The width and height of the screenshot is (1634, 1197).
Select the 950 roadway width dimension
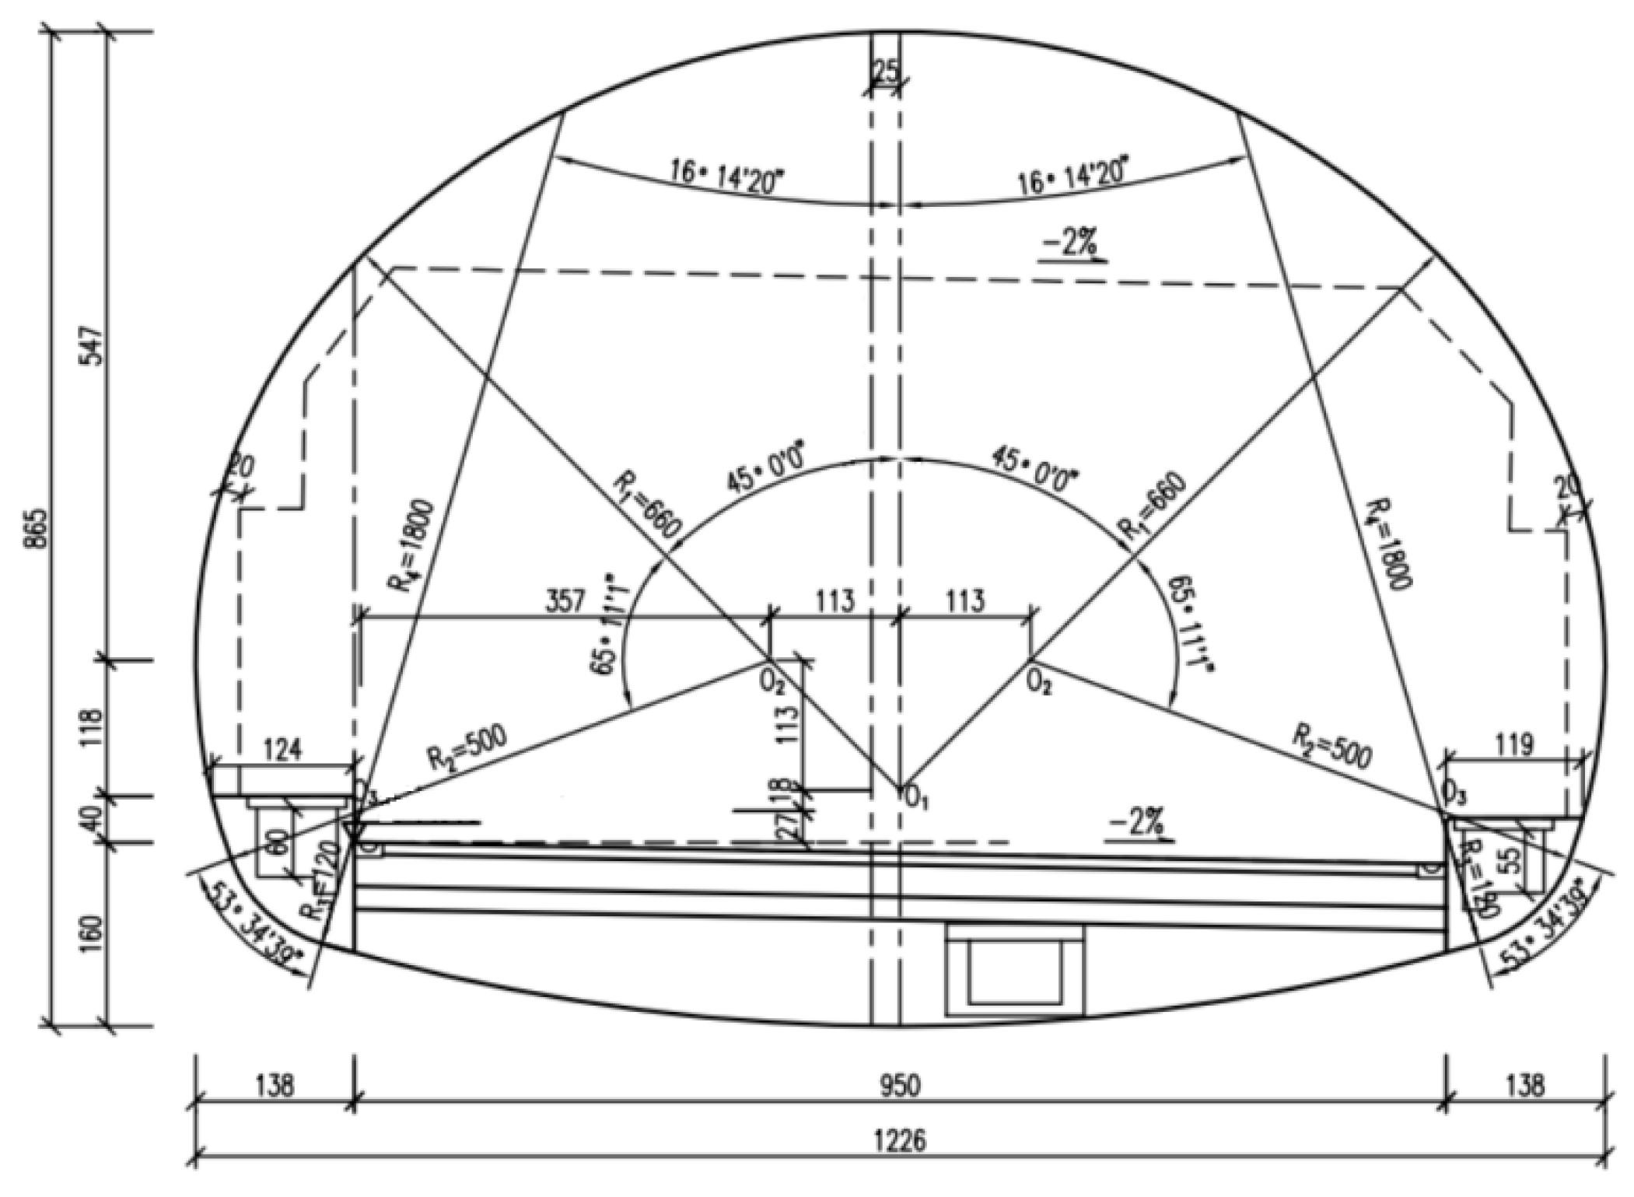pyautogui.click(x=900, y=1085)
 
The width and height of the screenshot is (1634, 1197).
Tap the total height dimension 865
pyautogui.click(x=34, y=529)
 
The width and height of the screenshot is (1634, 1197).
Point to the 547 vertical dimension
pyautogui.click(x=91, y=346)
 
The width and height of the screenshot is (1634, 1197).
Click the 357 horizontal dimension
pyautogui.click(x=565, y=601)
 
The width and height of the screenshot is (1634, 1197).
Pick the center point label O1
pyautogui.click(x=918, y=796)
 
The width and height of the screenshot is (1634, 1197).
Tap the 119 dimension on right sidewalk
pyautogui.click(x=1514, y=746)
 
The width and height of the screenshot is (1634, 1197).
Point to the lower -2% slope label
pyautogui.click(x=1139, y=821)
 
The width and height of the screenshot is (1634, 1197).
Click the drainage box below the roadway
pyautogui.click(x=1014, y=970)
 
